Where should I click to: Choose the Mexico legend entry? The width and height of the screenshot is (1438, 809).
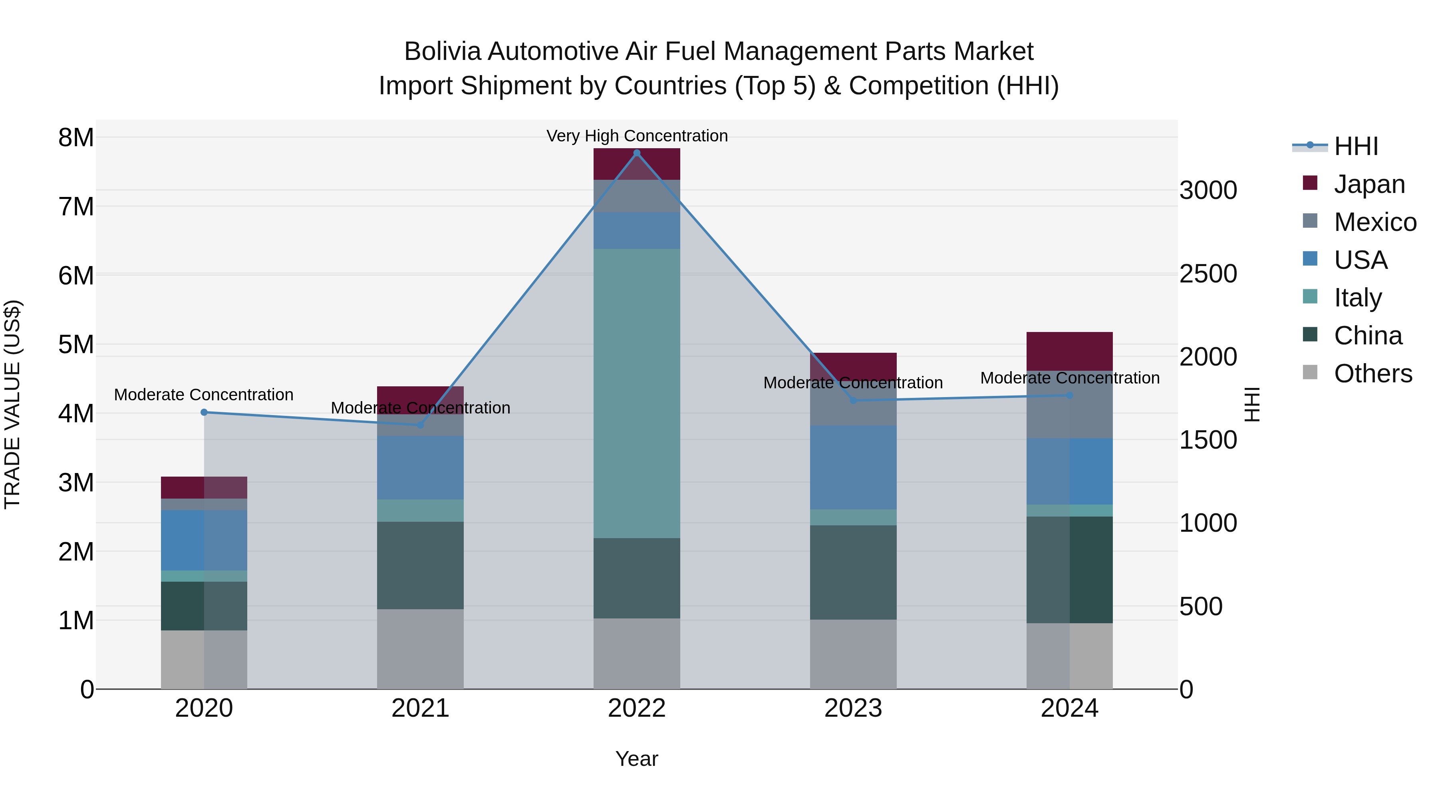[1374, 222]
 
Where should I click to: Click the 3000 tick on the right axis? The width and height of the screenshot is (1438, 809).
[1208, 191]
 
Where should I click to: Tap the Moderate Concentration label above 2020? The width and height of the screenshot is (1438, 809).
[204, 395]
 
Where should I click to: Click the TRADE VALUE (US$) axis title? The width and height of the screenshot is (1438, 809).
[12, 404]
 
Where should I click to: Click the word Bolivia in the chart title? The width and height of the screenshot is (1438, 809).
[442, 52]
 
